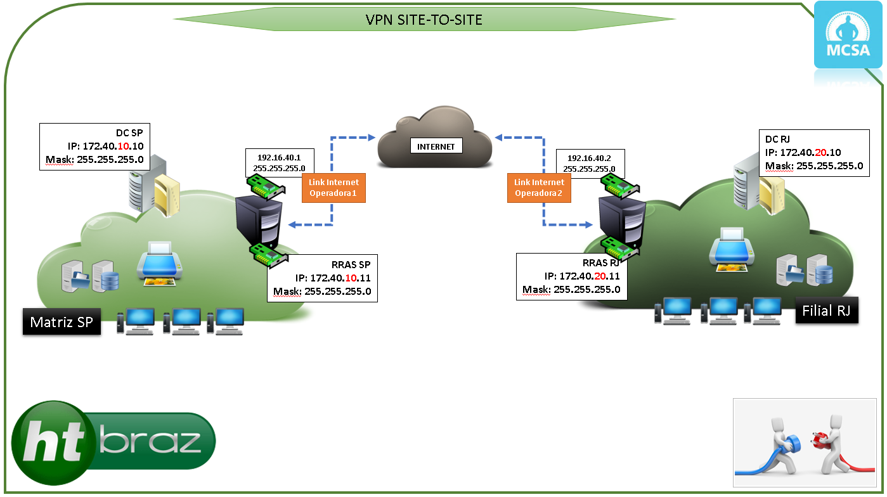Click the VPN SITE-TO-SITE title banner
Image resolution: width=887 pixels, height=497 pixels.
[424, 20]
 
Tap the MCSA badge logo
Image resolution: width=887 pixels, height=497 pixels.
[848, 35]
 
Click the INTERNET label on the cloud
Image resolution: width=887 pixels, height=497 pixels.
[436, 146]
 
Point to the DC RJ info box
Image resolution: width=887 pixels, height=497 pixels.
[814, 153]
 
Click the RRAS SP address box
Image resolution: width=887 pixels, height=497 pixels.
[322, 278]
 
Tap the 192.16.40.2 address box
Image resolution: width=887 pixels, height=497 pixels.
[589, 163]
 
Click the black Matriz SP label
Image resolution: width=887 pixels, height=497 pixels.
[62, 322]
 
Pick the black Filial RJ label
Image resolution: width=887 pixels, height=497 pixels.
[826, 311]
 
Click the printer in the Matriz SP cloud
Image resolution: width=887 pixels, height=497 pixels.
[160, 262]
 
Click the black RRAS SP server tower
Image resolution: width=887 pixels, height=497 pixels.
[259, 222]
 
